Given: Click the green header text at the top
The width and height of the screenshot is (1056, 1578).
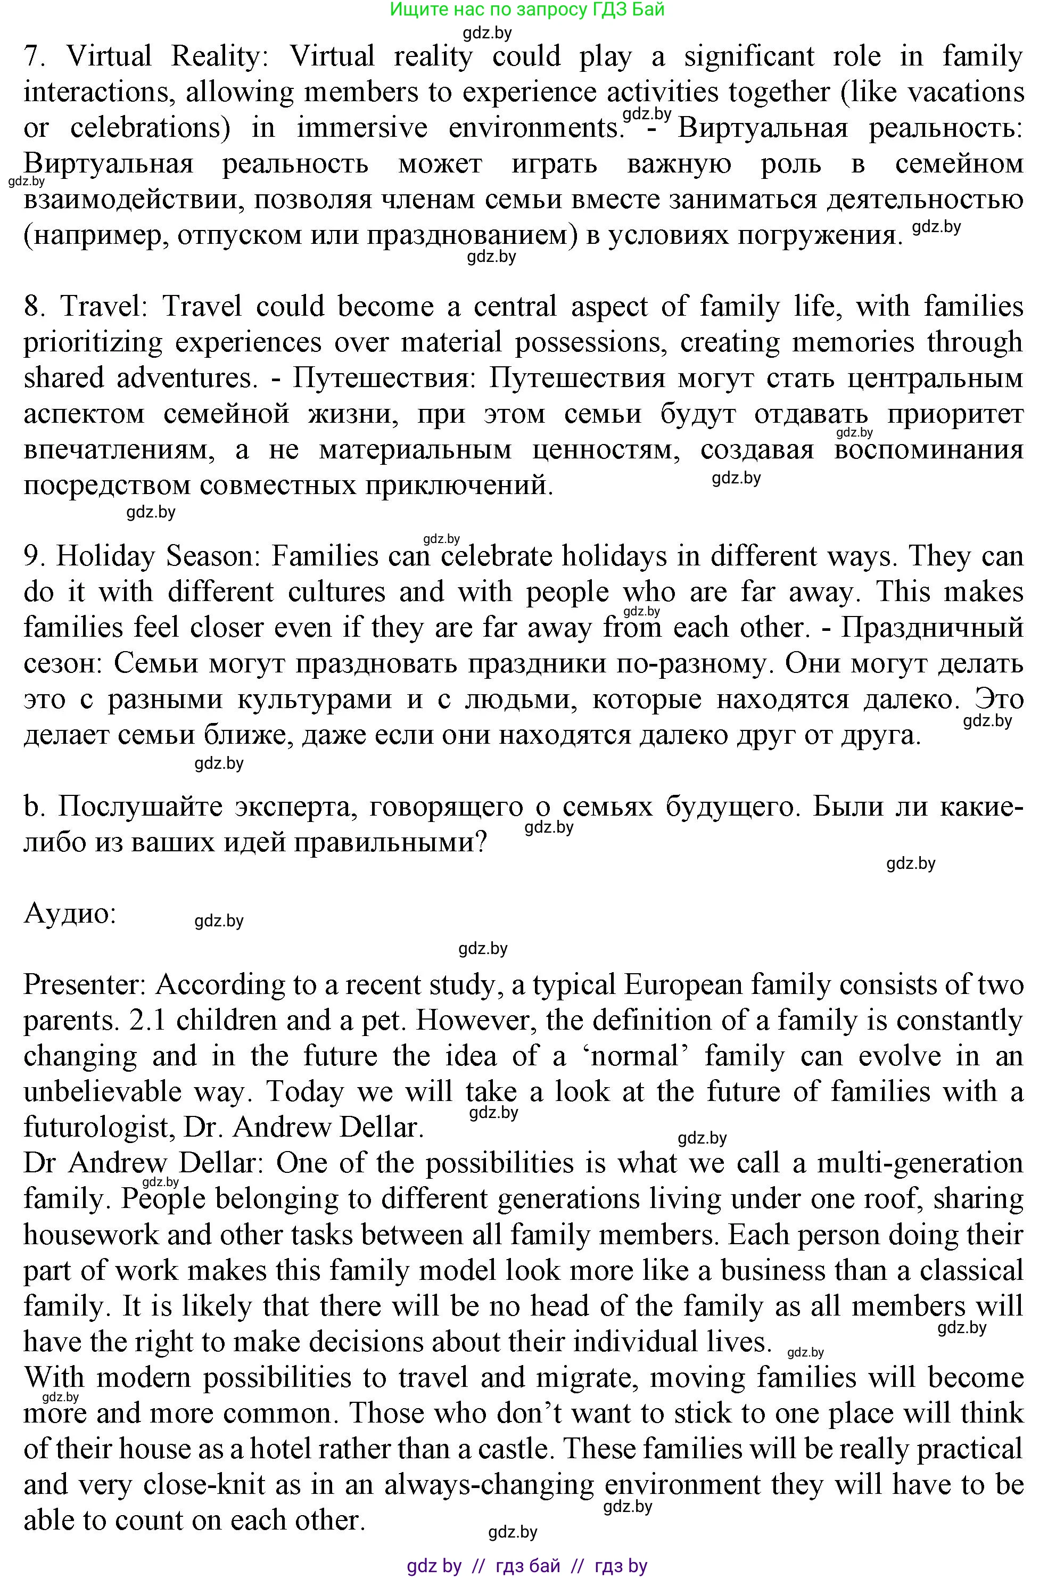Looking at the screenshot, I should click(527, 10).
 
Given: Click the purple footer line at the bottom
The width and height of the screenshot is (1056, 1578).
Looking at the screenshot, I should click(527, 1565).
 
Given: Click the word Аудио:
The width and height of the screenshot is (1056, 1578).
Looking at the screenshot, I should click(70, 914).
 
